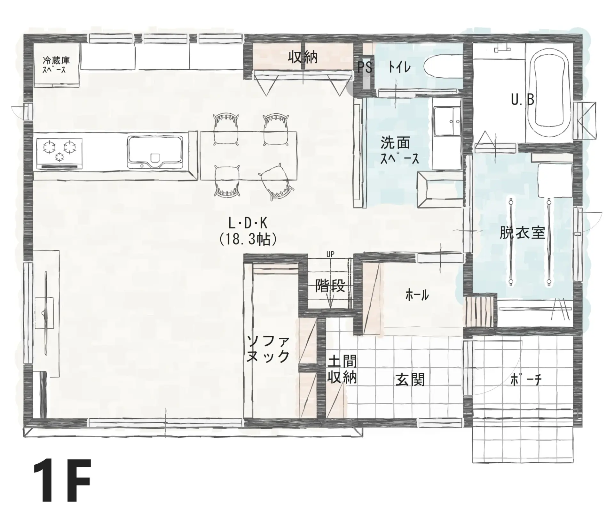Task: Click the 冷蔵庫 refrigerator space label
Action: [56, 60]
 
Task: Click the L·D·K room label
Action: [248, 224]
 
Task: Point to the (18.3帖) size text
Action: [248, 239]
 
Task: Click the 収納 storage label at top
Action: [303, 57]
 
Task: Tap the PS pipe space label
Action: [365, 67]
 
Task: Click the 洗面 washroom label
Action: [395, 143]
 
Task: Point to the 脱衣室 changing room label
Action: [522, 233]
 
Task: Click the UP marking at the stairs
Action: [330, 254]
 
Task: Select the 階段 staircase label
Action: [330, 286]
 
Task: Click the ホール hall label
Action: [417, 295]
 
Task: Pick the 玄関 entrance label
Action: [410, 380]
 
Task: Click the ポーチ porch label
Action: [526, 380]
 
